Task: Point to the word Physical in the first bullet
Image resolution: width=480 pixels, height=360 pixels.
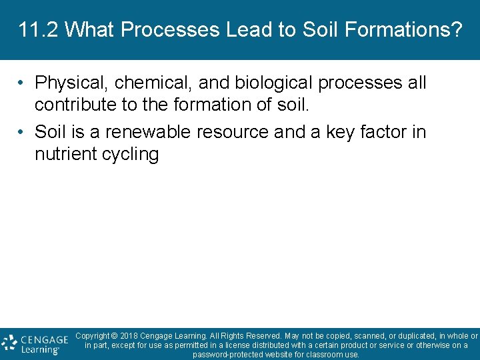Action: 71,83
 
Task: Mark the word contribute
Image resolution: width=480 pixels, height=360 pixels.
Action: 75,105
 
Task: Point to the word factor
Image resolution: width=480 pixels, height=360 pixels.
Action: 385,132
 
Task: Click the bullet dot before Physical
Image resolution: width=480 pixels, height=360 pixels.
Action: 22,83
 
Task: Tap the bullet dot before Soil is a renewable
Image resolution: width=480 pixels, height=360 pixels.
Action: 22,132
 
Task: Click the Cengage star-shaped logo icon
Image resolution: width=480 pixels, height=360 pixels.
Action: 9,344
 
